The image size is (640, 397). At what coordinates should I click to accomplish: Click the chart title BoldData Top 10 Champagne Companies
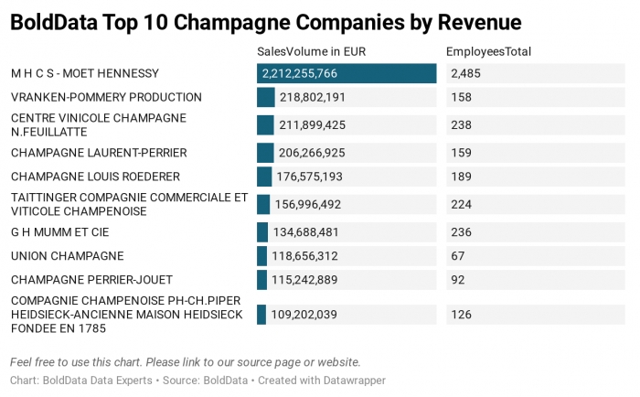(265, 22)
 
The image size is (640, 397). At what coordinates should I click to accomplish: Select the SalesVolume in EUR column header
(312, 52)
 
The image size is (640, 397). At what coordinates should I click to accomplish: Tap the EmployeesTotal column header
(488, 52)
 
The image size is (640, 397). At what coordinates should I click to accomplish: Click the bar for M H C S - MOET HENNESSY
(347, 73)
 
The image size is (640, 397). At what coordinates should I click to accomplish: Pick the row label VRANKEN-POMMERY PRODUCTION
(106, 97)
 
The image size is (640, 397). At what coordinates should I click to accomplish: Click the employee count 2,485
(465, 73)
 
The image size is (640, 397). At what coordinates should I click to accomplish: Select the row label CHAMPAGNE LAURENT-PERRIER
(99, 153)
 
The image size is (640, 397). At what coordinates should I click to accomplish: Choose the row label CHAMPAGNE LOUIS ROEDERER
(95, 177)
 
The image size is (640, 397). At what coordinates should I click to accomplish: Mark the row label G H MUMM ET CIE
(59, 232)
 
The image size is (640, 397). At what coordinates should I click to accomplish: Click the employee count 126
(461, 315)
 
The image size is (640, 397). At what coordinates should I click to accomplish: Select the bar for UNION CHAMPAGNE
(262, 256)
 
